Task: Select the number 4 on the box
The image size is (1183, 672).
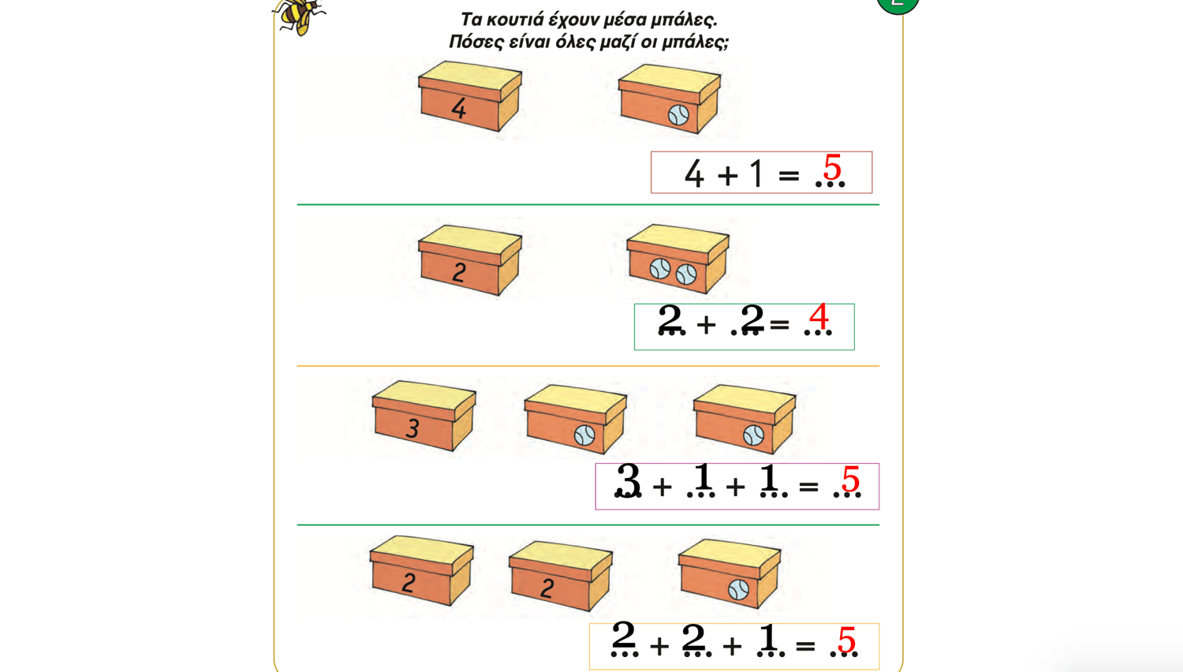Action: pos(459,108)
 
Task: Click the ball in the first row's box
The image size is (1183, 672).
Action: pos(678,115)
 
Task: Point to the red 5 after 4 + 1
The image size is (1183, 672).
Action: pos(832,167)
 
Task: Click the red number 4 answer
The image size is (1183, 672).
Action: pos(819,316)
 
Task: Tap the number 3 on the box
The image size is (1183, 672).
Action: pos(413,428)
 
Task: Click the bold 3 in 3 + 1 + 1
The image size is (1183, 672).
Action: pos(629,480)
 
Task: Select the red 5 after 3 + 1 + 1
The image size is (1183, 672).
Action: pos(850,479)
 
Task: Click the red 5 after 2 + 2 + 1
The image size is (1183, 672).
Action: pos(846,640)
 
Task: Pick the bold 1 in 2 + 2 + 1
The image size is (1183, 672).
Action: pos(768,637)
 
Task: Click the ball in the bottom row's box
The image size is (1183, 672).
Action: pos(738,590)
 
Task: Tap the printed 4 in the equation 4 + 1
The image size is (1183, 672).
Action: pos(695,174)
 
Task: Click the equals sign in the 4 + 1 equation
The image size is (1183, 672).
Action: pos(789,175)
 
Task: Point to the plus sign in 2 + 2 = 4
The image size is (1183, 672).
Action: pos(706,324)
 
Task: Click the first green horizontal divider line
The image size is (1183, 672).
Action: pos(588,204)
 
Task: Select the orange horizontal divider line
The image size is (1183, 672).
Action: pos(588,366)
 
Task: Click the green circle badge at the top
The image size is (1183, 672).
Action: pos(898,4)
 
